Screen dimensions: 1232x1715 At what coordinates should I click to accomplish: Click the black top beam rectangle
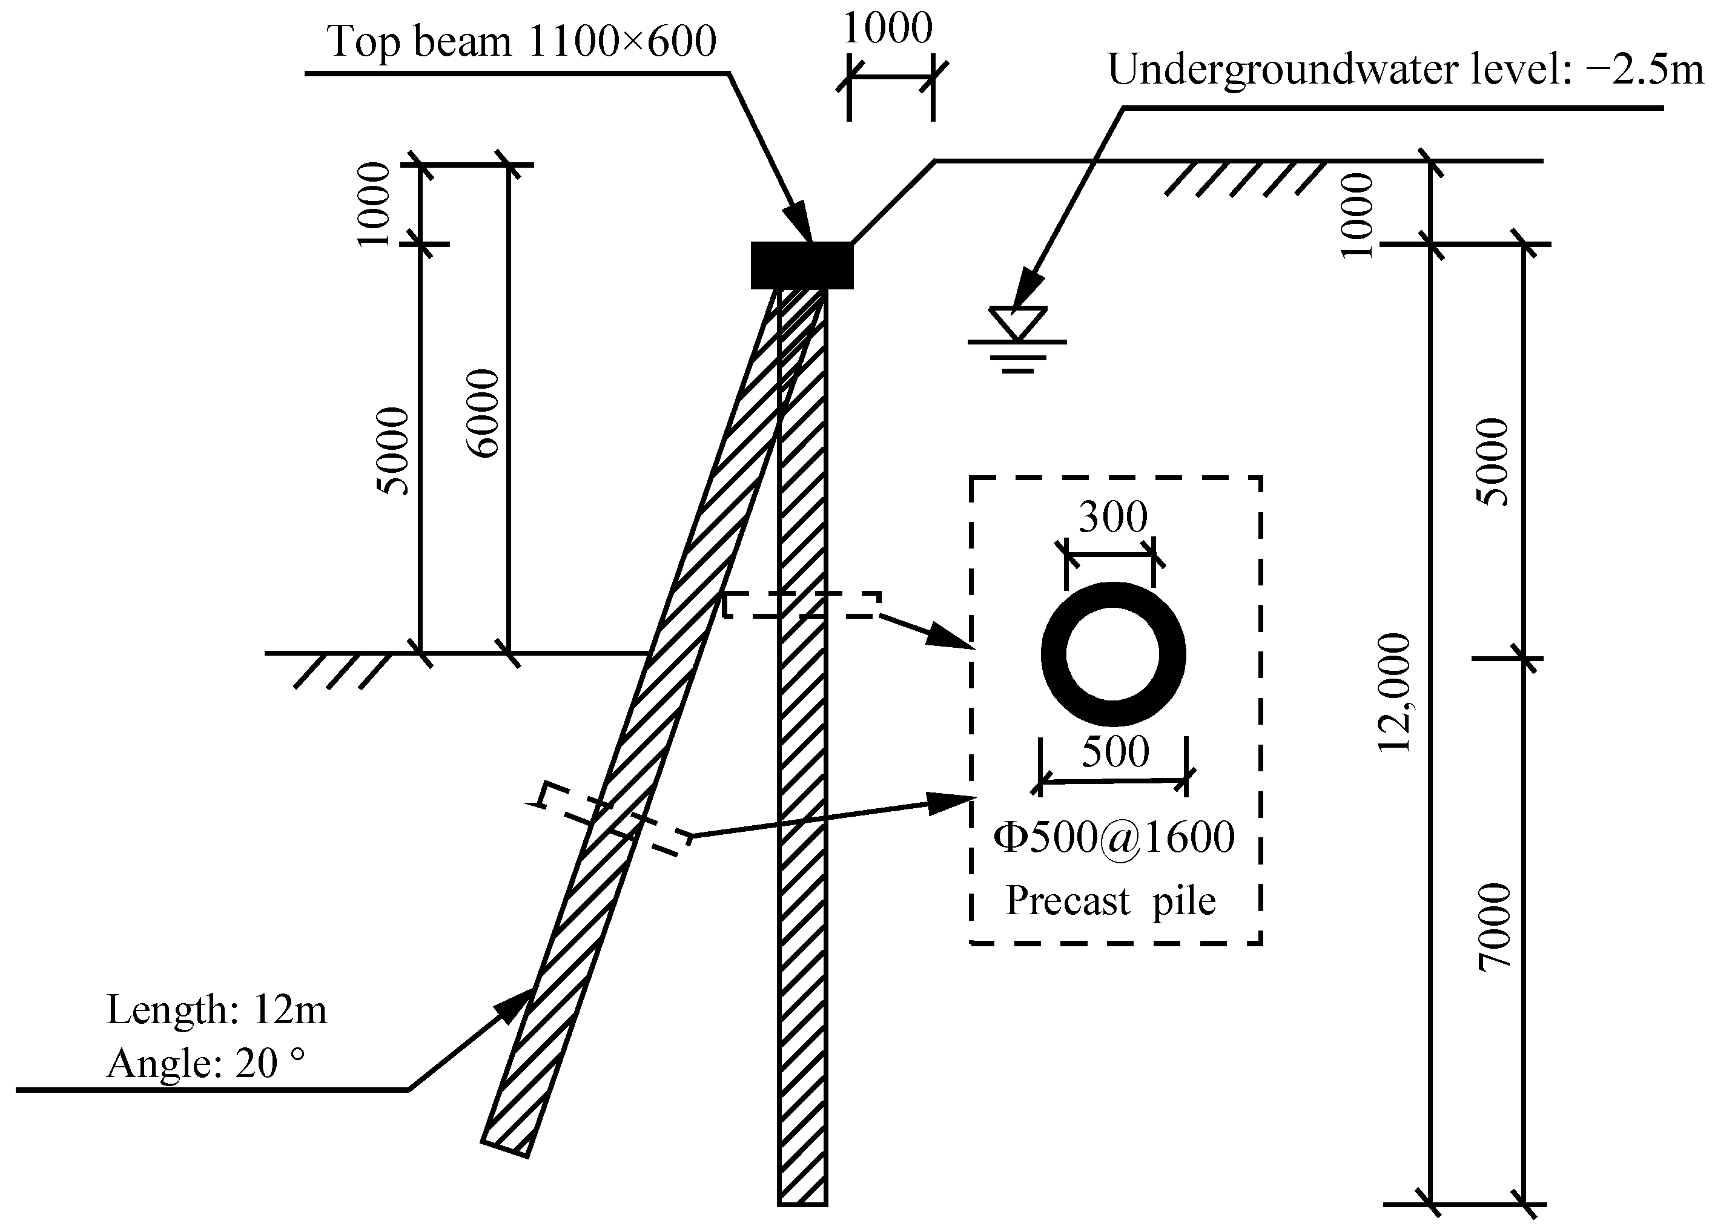pos(802,265)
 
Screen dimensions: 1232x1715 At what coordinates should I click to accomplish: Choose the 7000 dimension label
pos(1494,928)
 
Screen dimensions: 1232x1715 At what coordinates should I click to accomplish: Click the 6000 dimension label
pos(483,413)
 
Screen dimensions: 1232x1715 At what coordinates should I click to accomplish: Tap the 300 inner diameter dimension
pos(1112,518)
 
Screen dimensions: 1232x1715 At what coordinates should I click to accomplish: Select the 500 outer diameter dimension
pos(1115,752)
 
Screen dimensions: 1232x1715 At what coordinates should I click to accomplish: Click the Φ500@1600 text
pos(1114,837)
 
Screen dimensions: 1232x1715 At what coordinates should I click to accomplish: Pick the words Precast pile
pos(1110,901)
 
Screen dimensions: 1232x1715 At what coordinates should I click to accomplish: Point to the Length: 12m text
pos(217,1010)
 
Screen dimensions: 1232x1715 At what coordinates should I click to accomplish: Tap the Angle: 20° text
pos(206,1064)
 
